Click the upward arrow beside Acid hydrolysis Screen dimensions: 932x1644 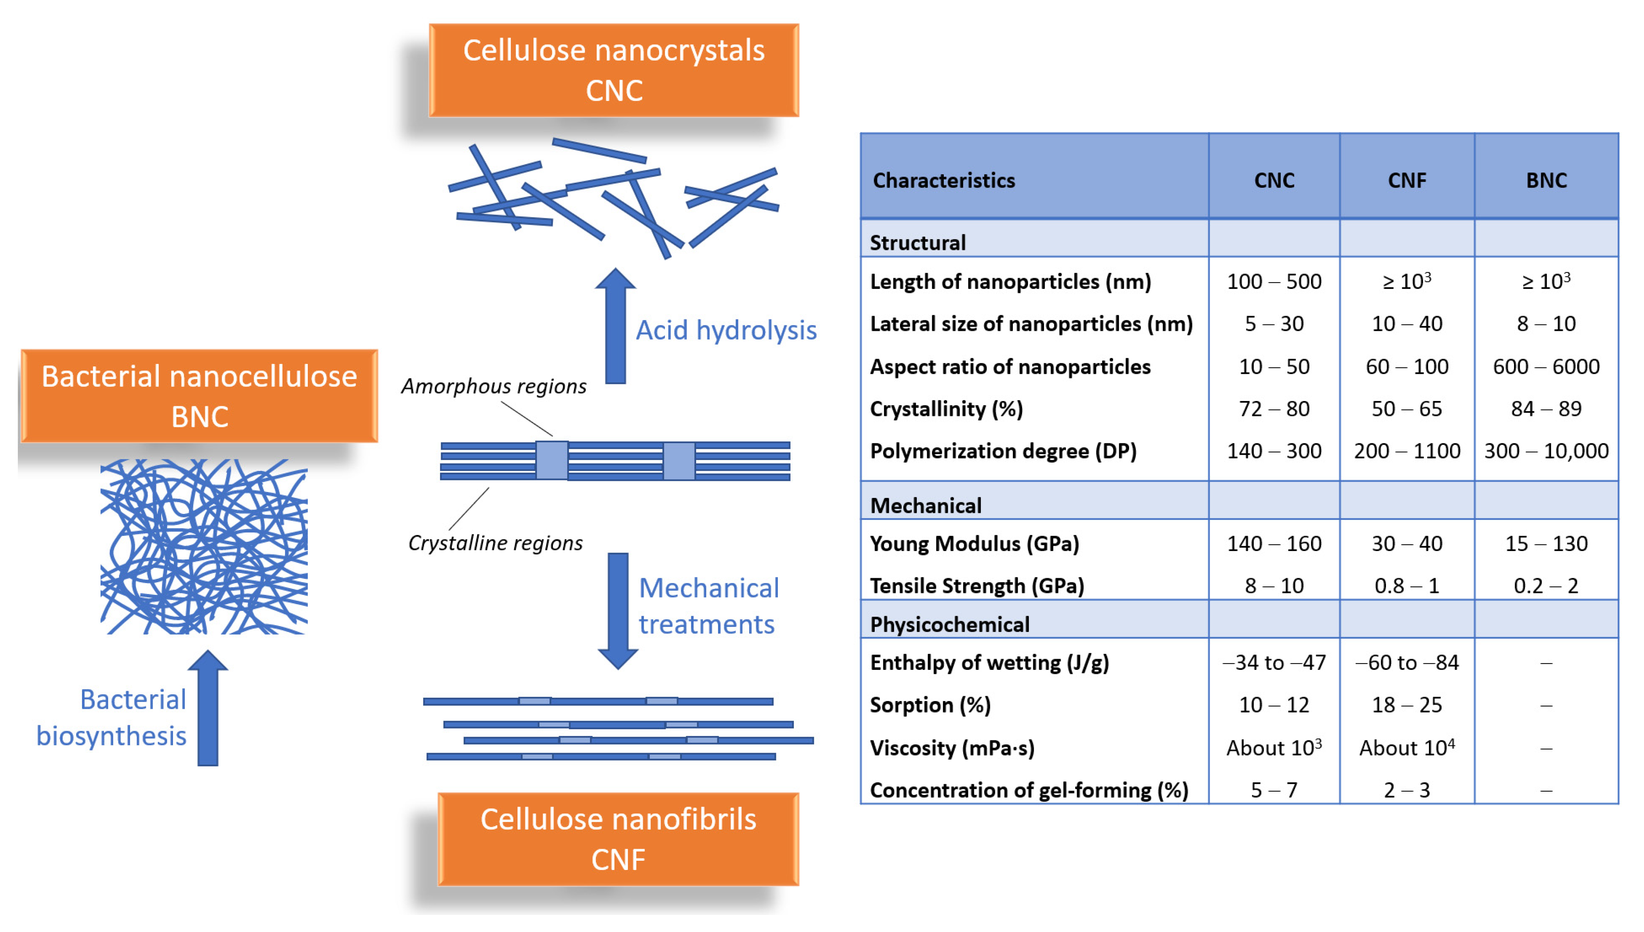615,326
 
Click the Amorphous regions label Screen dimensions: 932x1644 493,386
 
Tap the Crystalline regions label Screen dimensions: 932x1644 495,543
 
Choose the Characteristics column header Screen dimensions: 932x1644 943,180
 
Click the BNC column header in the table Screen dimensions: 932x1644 1546,180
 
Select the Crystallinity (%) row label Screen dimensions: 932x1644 946,408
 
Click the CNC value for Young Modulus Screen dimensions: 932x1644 1273,544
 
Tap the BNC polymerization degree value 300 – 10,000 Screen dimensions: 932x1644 1546,451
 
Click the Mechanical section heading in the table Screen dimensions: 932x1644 925,506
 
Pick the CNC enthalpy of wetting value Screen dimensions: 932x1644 1273,662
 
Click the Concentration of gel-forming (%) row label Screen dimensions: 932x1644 1028,790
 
